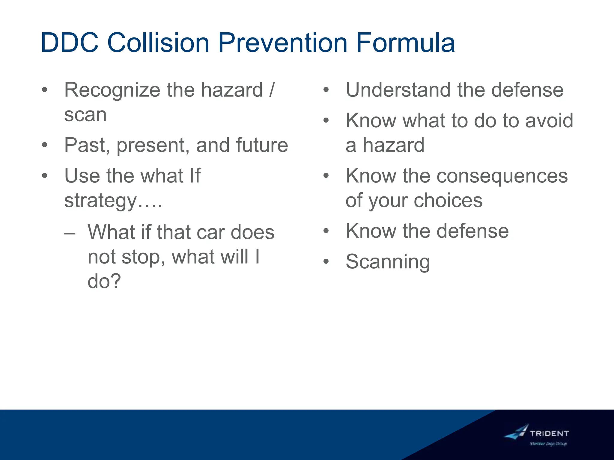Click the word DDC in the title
70,43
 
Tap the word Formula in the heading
405,43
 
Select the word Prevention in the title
282,43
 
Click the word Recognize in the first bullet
112,90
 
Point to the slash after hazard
272,90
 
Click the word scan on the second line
85,115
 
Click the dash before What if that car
70,233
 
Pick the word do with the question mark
104,282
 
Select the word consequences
502,176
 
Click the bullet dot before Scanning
326,262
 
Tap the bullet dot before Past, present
45,145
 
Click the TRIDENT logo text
549,433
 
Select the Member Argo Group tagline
548,444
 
